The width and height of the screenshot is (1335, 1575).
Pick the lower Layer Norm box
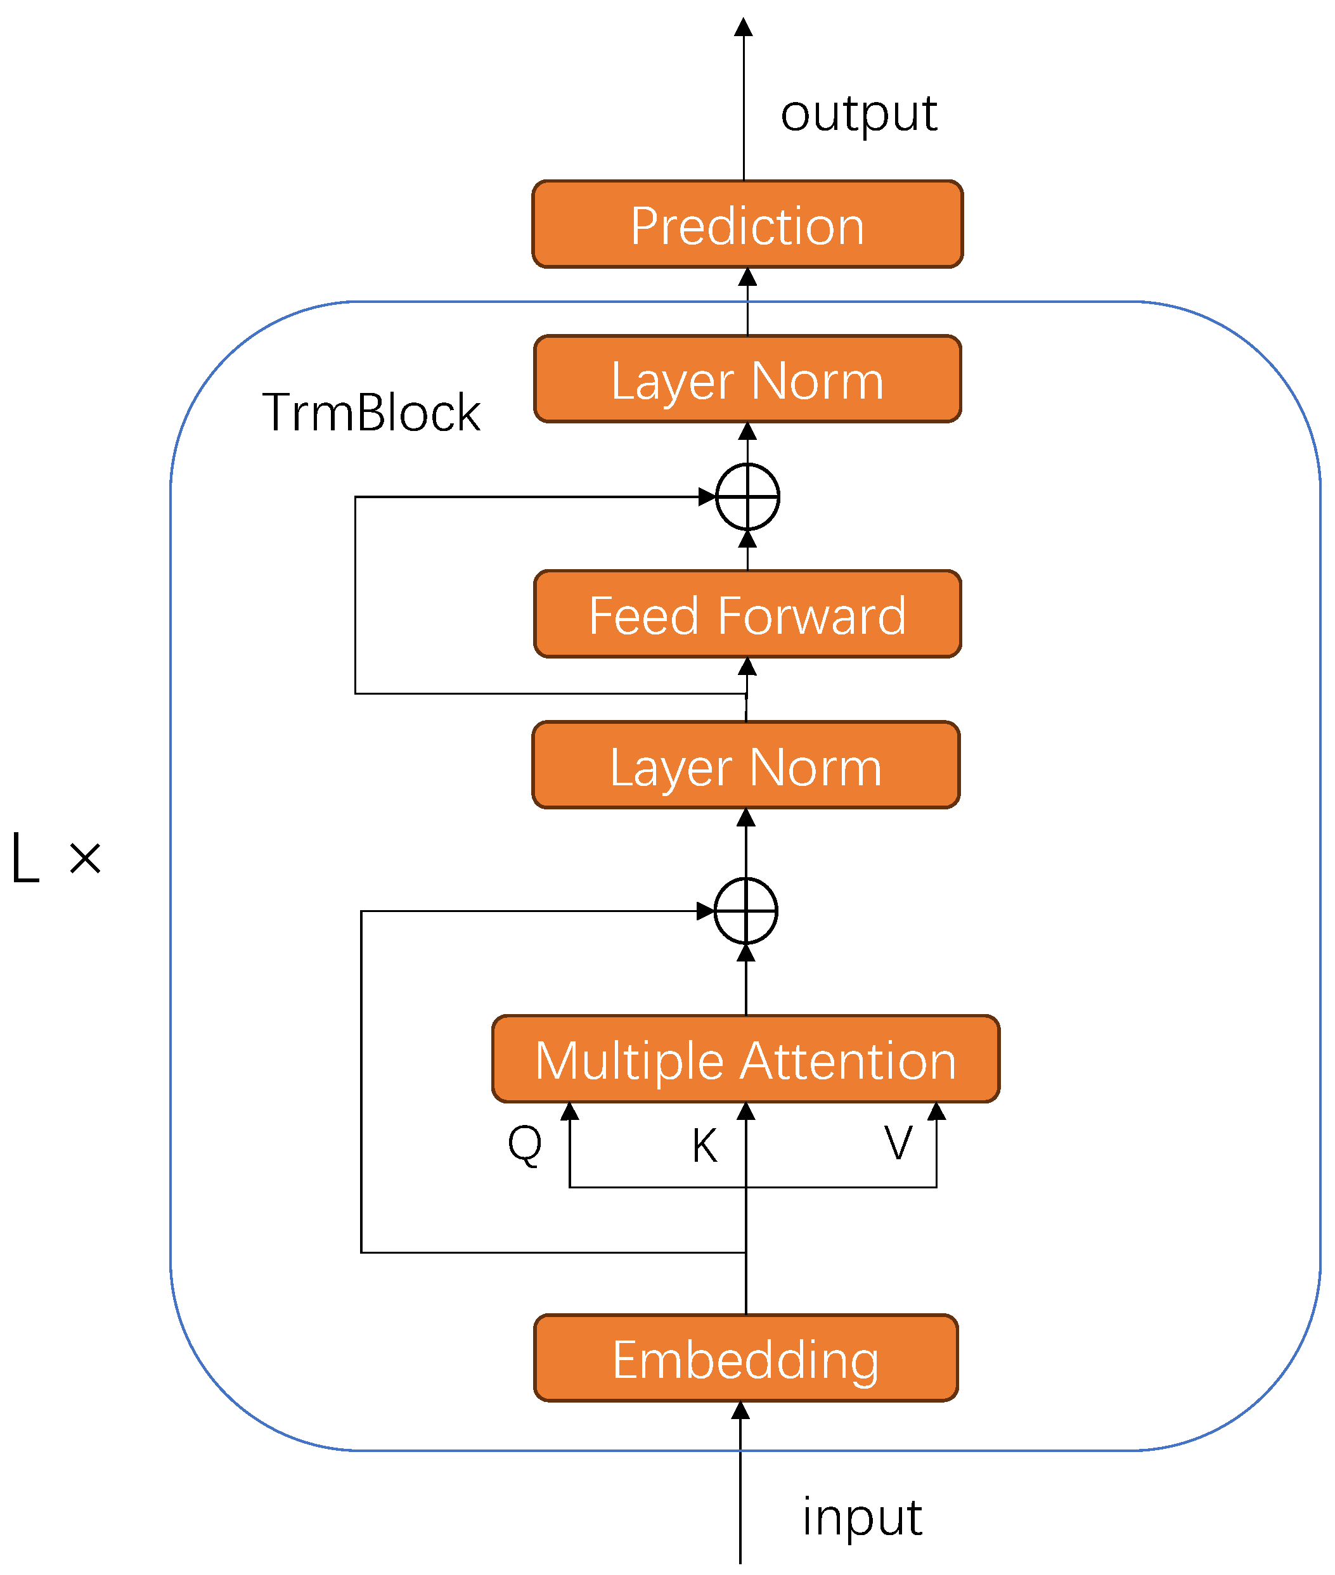pyautogui.click(x=745, y=765)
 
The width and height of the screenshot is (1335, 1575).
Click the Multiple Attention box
pyautogui.click(x=745, y=1058)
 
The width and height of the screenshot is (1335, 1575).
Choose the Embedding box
pyautogui.click(x=745, y=1358)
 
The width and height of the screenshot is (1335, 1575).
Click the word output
pyautogui.click(x=858, y=115)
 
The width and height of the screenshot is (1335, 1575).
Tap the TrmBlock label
pyautogui.click(x=371, y=413)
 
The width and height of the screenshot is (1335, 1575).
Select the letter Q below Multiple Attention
pyautogui.click(x=524, y=1144)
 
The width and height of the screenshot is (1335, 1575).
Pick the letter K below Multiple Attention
pyautogui.click(x=704, y=1145)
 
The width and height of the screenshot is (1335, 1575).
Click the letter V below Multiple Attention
pyautogui.click(x=898, y=1142)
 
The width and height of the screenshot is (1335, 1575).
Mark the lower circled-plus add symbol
pyautogui.click(x=745, y=911)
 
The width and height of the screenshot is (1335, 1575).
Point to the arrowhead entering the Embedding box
pyautogui.click(x=741, y=1410)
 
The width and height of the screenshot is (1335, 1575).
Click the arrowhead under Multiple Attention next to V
pyautogui.click(x=936, y=1111)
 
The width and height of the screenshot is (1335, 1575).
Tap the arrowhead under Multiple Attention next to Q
pyautogui.click(x=569, y=1111)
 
